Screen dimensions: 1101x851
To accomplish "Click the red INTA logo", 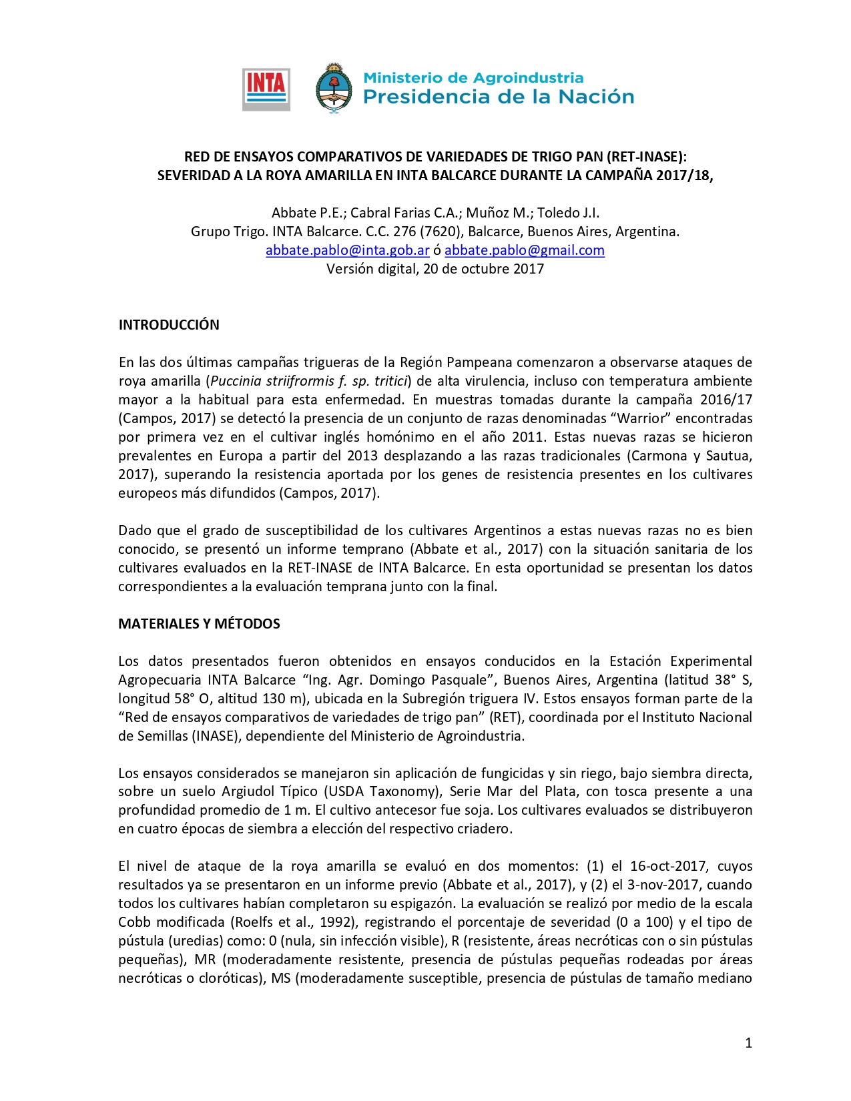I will click(266, 89).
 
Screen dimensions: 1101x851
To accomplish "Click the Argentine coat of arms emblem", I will click(333, 89).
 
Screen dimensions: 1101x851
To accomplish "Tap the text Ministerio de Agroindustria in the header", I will click(473, 78).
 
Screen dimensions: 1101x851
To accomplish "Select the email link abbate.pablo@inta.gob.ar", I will click(347, 250).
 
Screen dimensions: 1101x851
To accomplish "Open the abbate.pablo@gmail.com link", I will click(525, 250).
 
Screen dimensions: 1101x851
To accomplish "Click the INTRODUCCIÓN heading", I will click(169, 325).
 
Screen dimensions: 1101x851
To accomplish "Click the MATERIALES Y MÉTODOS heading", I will click(199, 624).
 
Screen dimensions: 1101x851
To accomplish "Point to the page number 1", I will click(748, 1043).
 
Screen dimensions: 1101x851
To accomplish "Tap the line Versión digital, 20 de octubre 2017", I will click(435, 269).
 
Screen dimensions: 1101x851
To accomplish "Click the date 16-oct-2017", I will click(668, 866).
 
